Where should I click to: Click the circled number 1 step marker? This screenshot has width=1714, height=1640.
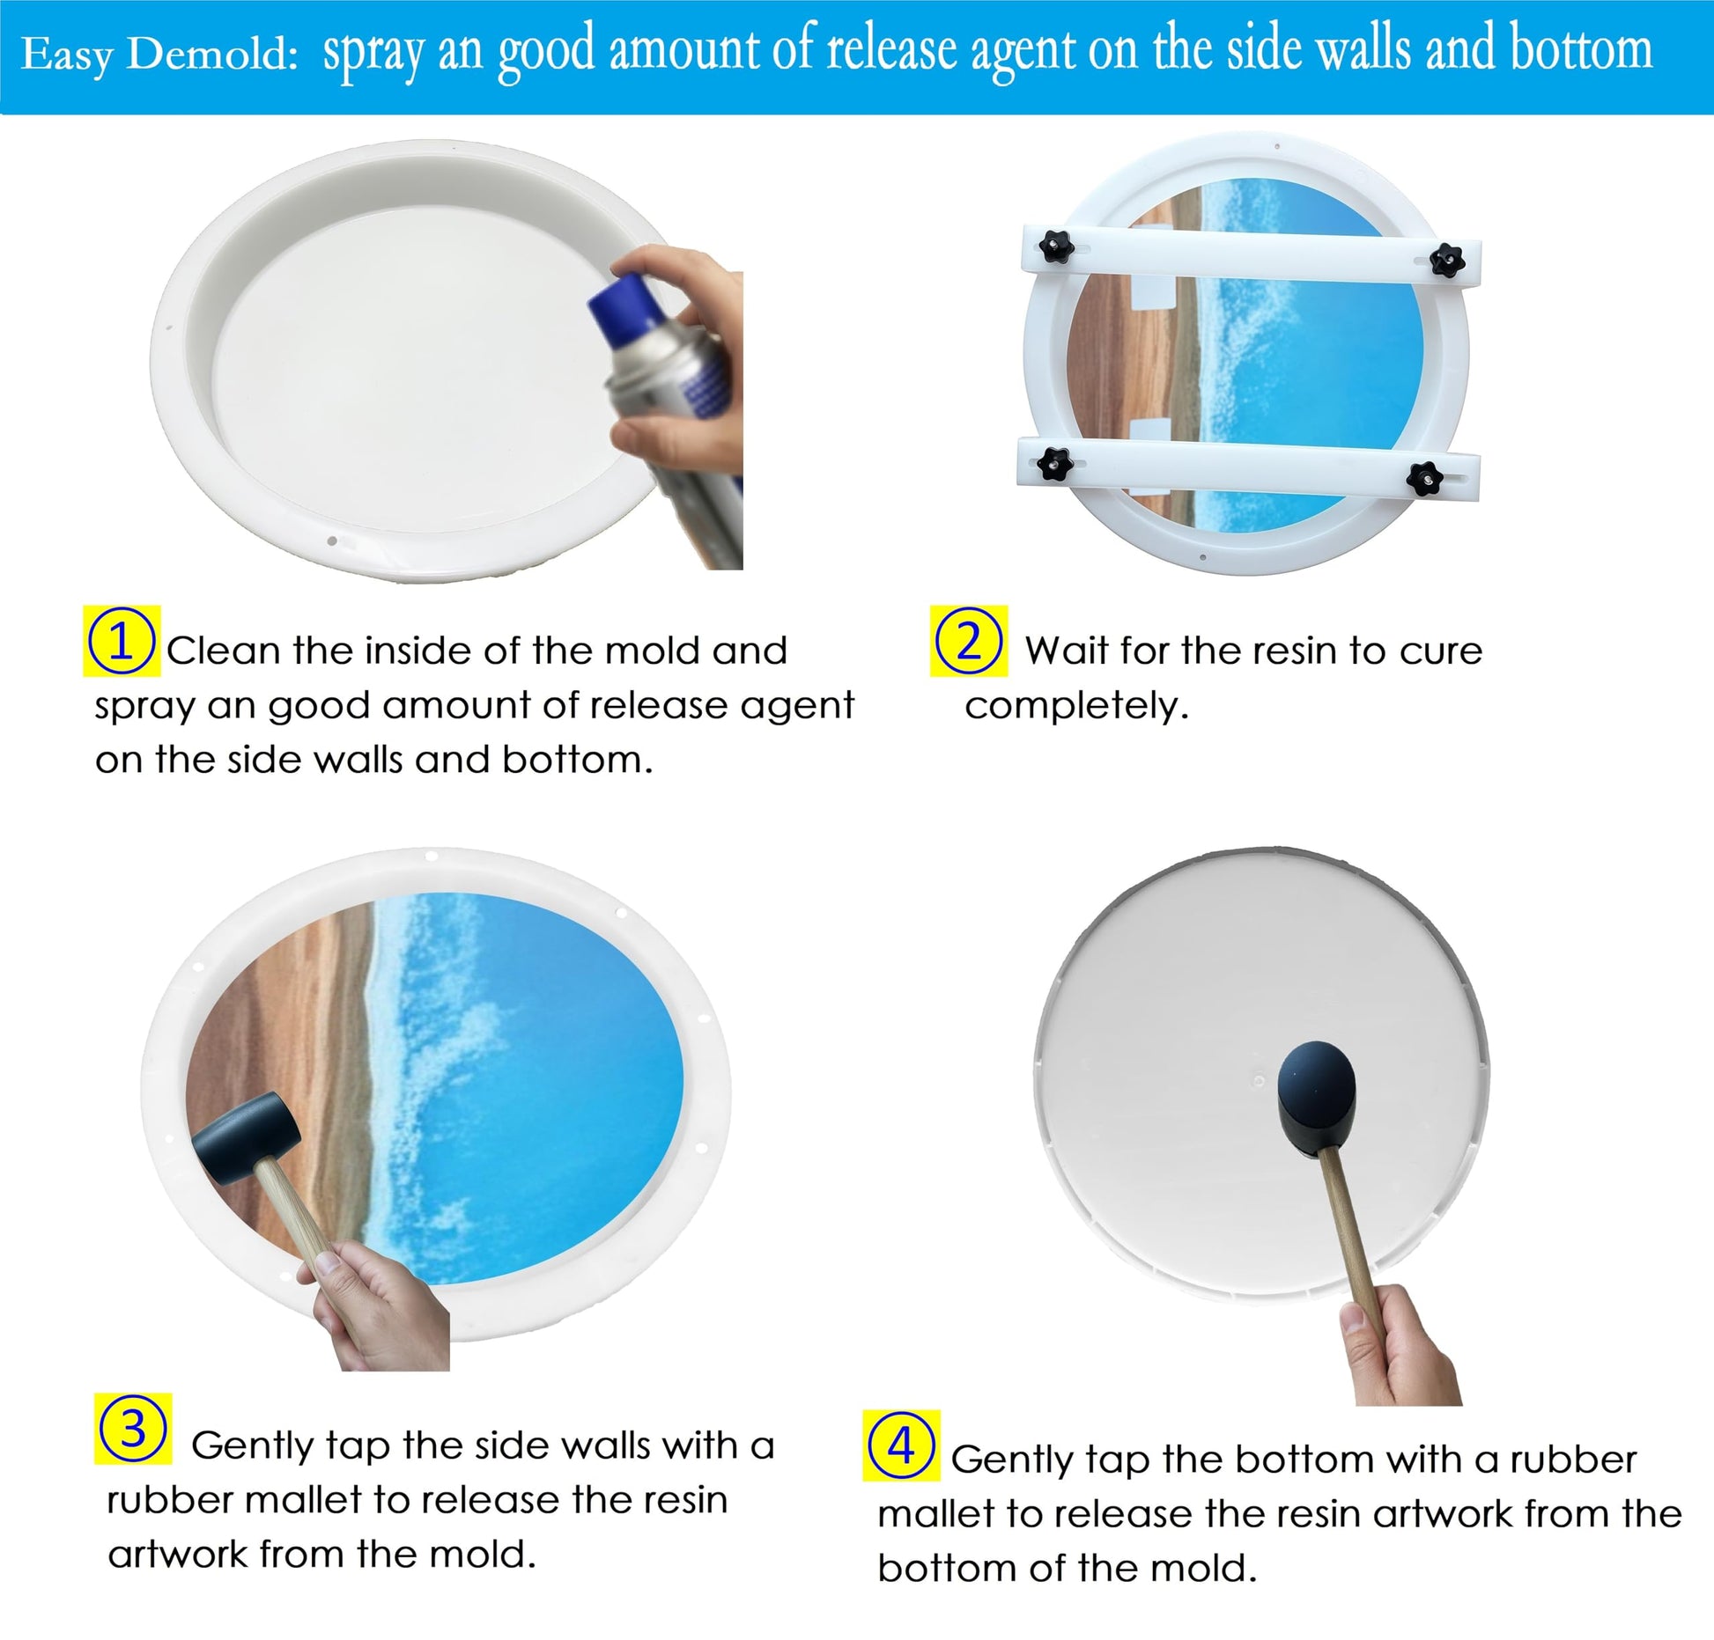pos(122,641)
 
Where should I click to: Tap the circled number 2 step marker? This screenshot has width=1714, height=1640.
pos(968,641)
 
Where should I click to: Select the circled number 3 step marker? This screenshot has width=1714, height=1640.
pos(132,1429)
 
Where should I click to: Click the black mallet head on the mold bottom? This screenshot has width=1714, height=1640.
pos(1318,1098)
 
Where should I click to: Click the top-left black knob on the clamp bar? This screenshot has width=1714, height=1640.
pos(1055,246)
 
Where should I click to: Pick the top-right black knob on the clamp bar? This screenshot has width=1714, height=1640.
pos(1446,259)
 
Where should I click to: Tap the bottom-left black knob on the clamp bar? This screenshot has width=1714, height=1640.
pos(1052,463)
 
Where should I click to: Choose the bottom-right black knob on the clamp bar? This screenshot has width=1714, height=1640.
pos(1424,478)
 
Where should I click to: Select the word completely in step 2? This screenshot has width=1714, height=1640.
pos(1076,707)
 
